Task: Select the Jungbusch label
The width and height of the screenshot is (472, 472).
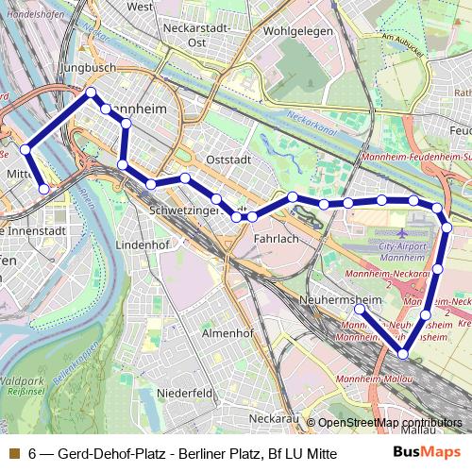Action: (x=87, y=69)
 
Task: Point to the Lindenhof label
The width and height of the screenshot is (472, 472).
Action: (x=140, y=244)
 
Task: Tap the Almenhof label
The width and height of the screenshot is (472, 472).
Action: (x=228, y=333)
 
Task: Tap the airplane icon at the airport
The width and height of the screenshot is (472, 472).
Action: (x=404, y=232)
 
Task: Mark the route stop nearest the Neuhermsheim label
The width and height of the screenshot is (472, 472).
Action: (x=359, y=309)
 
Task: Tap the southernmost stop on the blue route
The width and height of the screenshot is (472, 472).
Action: (x=404, y=354)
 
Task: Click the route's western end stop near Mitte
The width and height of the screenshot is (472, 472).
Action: (x=44, y=189)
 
